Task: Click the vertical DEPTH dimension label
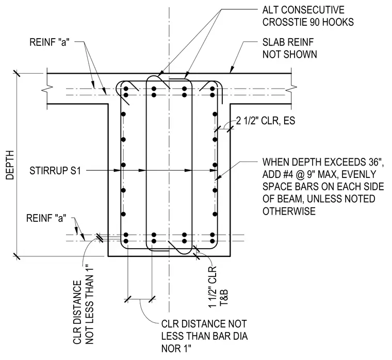click(10, 165)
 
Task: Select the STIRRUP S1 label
click(55, 171)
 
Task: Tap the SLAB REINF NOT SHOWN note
click(289, 48)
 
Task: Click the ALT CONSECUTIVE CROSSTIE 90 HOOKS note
click(308, 16)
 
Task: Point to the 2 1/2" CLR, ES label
click(266, 121)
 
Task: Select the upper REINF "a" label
click(49, 42)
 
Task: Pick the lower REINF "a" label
click(46, 218)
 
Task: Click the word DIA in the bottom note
click(239, 336)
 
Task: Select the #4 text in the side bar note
click(289, 174)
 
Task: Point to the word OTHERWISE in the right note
click(289, 211)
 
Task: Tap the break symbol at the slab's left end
click(49, 88)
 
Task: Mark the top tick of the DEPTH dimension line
click(17, 73)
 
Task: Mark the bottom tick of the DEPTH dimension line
click(17, 256)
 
